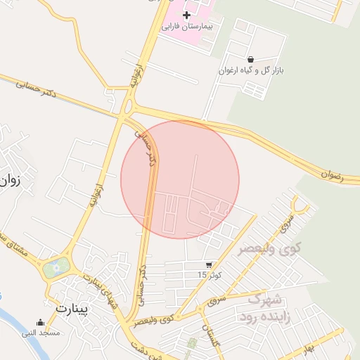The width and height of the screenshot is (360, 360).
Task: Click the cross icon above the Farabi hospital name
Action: point(186,15)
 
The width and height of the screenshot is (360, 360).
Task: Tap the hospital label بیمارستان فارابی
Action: point(186,27)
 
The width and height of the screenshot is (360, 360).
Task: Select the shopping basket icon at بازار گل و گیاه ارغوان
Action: point(251,59)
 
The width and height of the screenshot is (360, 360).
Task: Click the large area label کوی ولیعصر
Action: point(269,249)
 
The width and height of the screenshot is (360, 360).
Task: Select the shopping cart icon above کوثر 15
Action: point(208,265)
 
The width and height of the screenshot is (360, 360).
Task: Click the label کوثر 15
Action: point(208,275)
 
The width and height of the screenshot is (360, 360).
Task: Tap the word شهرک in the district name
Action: point(264,299)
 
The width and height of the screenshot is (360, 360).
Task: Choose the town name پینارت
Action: point(71,308)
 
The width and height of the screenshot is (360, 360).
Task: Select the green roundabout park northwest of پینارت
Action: point(56,267)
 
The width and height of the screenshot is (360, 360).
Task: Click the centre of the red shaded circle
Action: point(180,179)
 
